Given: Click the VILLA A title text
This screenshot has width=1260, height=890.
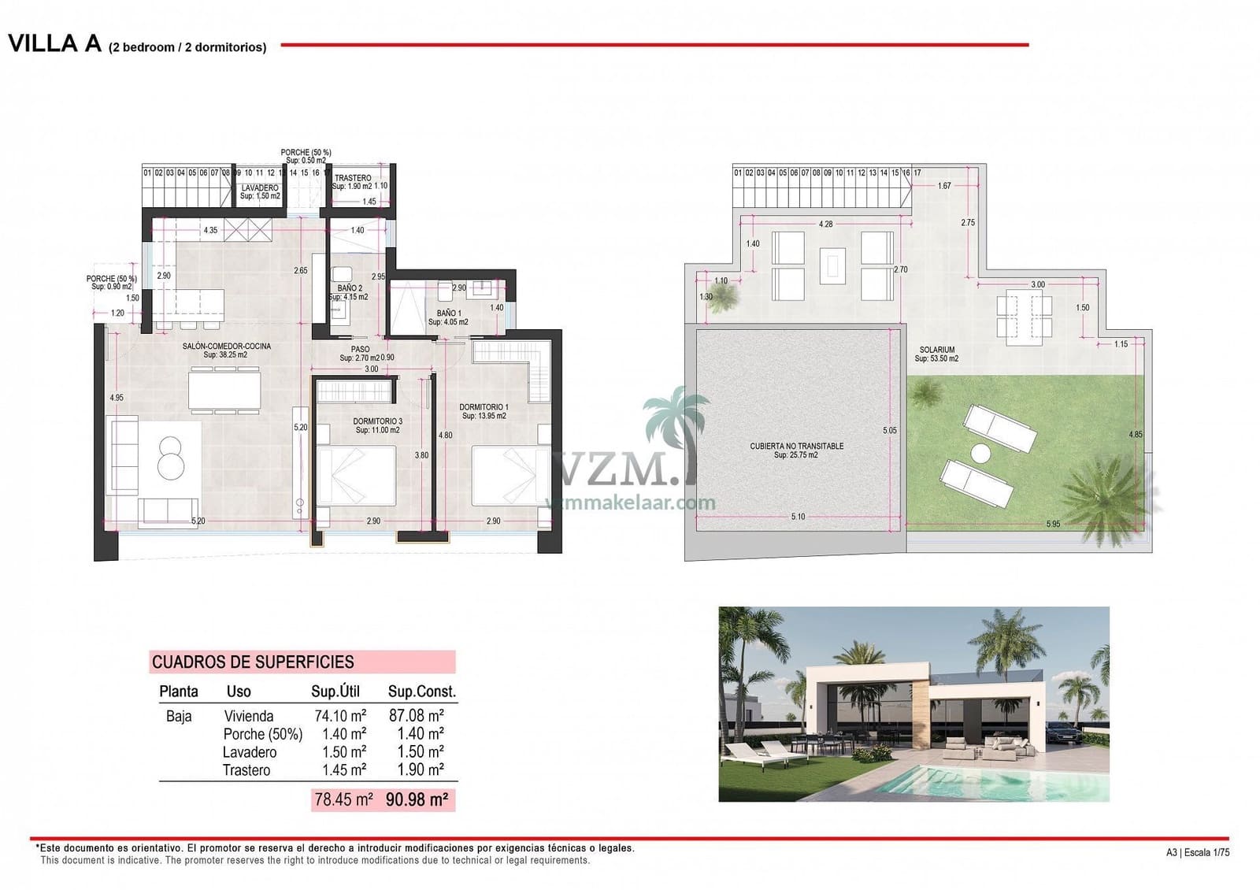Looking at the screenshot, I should [x=55, y=43].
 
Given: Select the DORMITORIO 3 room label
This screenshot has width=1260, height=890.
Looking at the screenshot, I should [x=377, y=421].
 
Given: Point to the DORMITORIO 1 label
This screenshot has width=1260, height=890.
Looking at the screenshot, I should [x=484, y=407].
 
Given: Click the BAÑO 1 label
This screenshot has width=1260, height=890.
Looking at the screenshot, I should [x=449, y=313].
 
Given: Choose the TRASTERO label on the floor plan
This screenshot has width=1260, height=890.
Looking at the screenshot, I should [x=353, y=178].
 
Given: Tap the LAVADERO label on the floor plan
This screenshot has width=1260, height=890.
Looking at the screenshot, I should [x=260, y=188].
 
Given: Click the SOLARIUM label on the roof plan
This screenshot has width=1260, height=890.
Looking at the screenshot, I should [x=936, y=350].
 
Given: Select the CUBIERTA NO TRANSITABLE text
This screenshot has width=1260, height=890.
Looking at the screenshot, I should [x=796, y=446].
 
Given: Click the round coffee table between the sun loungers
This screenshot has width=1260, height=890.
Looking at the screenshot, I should [x=980, y=454].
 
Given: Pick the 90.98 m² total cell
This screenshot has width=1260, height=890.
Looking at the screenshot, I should [x=417, y=799].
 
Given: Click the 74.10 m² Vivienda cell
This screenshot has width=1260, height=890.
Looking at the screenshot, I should [x=340, y=716].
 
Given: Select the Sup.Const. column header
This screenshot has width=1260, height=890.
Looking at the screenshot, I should [x=421, y=692].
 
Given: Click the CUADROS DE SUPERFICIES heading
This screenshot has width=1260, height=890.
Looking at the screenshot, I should [x=253, y=662].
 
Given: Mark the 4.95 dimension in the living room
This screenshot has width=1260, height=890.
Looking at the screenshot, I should [x=117, y=398].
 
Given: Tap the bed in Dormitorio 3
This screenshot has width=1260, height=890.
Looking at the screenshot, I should [x=355, y=475].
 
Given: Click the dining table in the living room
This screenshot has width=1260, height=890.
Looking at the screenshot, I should [x=224, y=390].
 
